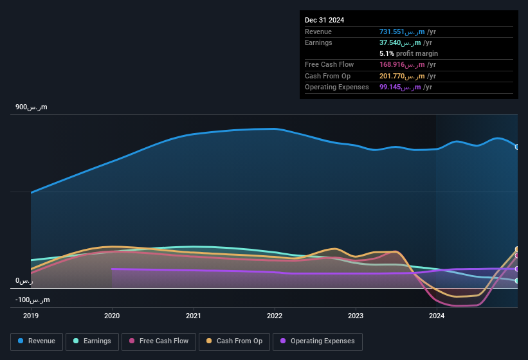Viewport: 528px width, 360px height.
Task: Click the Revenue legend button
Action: tap(37, 341)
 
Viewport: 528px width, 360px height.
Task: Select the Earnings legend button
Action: tap(93, 341)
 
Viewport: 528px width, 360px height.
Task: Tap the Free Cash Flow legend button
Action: tap(159, 341)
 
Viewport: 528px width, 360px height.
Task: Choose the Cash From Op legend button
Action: tap(234, 341)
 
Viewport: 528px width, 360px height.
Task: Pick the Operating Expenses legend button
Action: tap(317, 341)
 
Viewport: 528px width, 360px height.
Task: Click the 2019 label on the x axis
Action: tap(31, 316)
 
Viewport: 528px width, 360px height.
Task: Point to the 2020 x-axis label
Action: tap(112, 316)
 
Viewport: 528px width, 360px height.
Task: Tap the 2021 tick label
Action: tap(193, 316)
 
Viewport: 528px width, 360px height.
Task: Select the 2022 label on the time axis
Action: tap(275, 316)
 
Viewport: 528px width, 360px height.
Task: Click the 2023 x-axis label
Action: tap(356, 316)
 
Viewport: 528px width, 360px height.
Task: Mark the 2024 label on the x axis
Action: tap(437, 316)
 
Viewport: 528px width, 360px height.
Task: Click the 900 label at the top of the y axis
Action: tap(32, 107)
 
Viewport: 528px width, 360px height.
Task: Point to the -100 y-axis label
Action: tap(32, 300)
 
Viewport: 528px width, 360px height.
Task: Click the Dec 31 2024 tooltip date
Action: tap(324, 20)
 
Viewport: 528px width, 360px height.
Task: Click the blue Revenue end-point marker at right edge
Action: tap(517, 147)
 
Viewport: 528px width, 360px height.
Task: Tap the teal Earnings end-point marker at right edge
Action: tap(517, 281)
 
